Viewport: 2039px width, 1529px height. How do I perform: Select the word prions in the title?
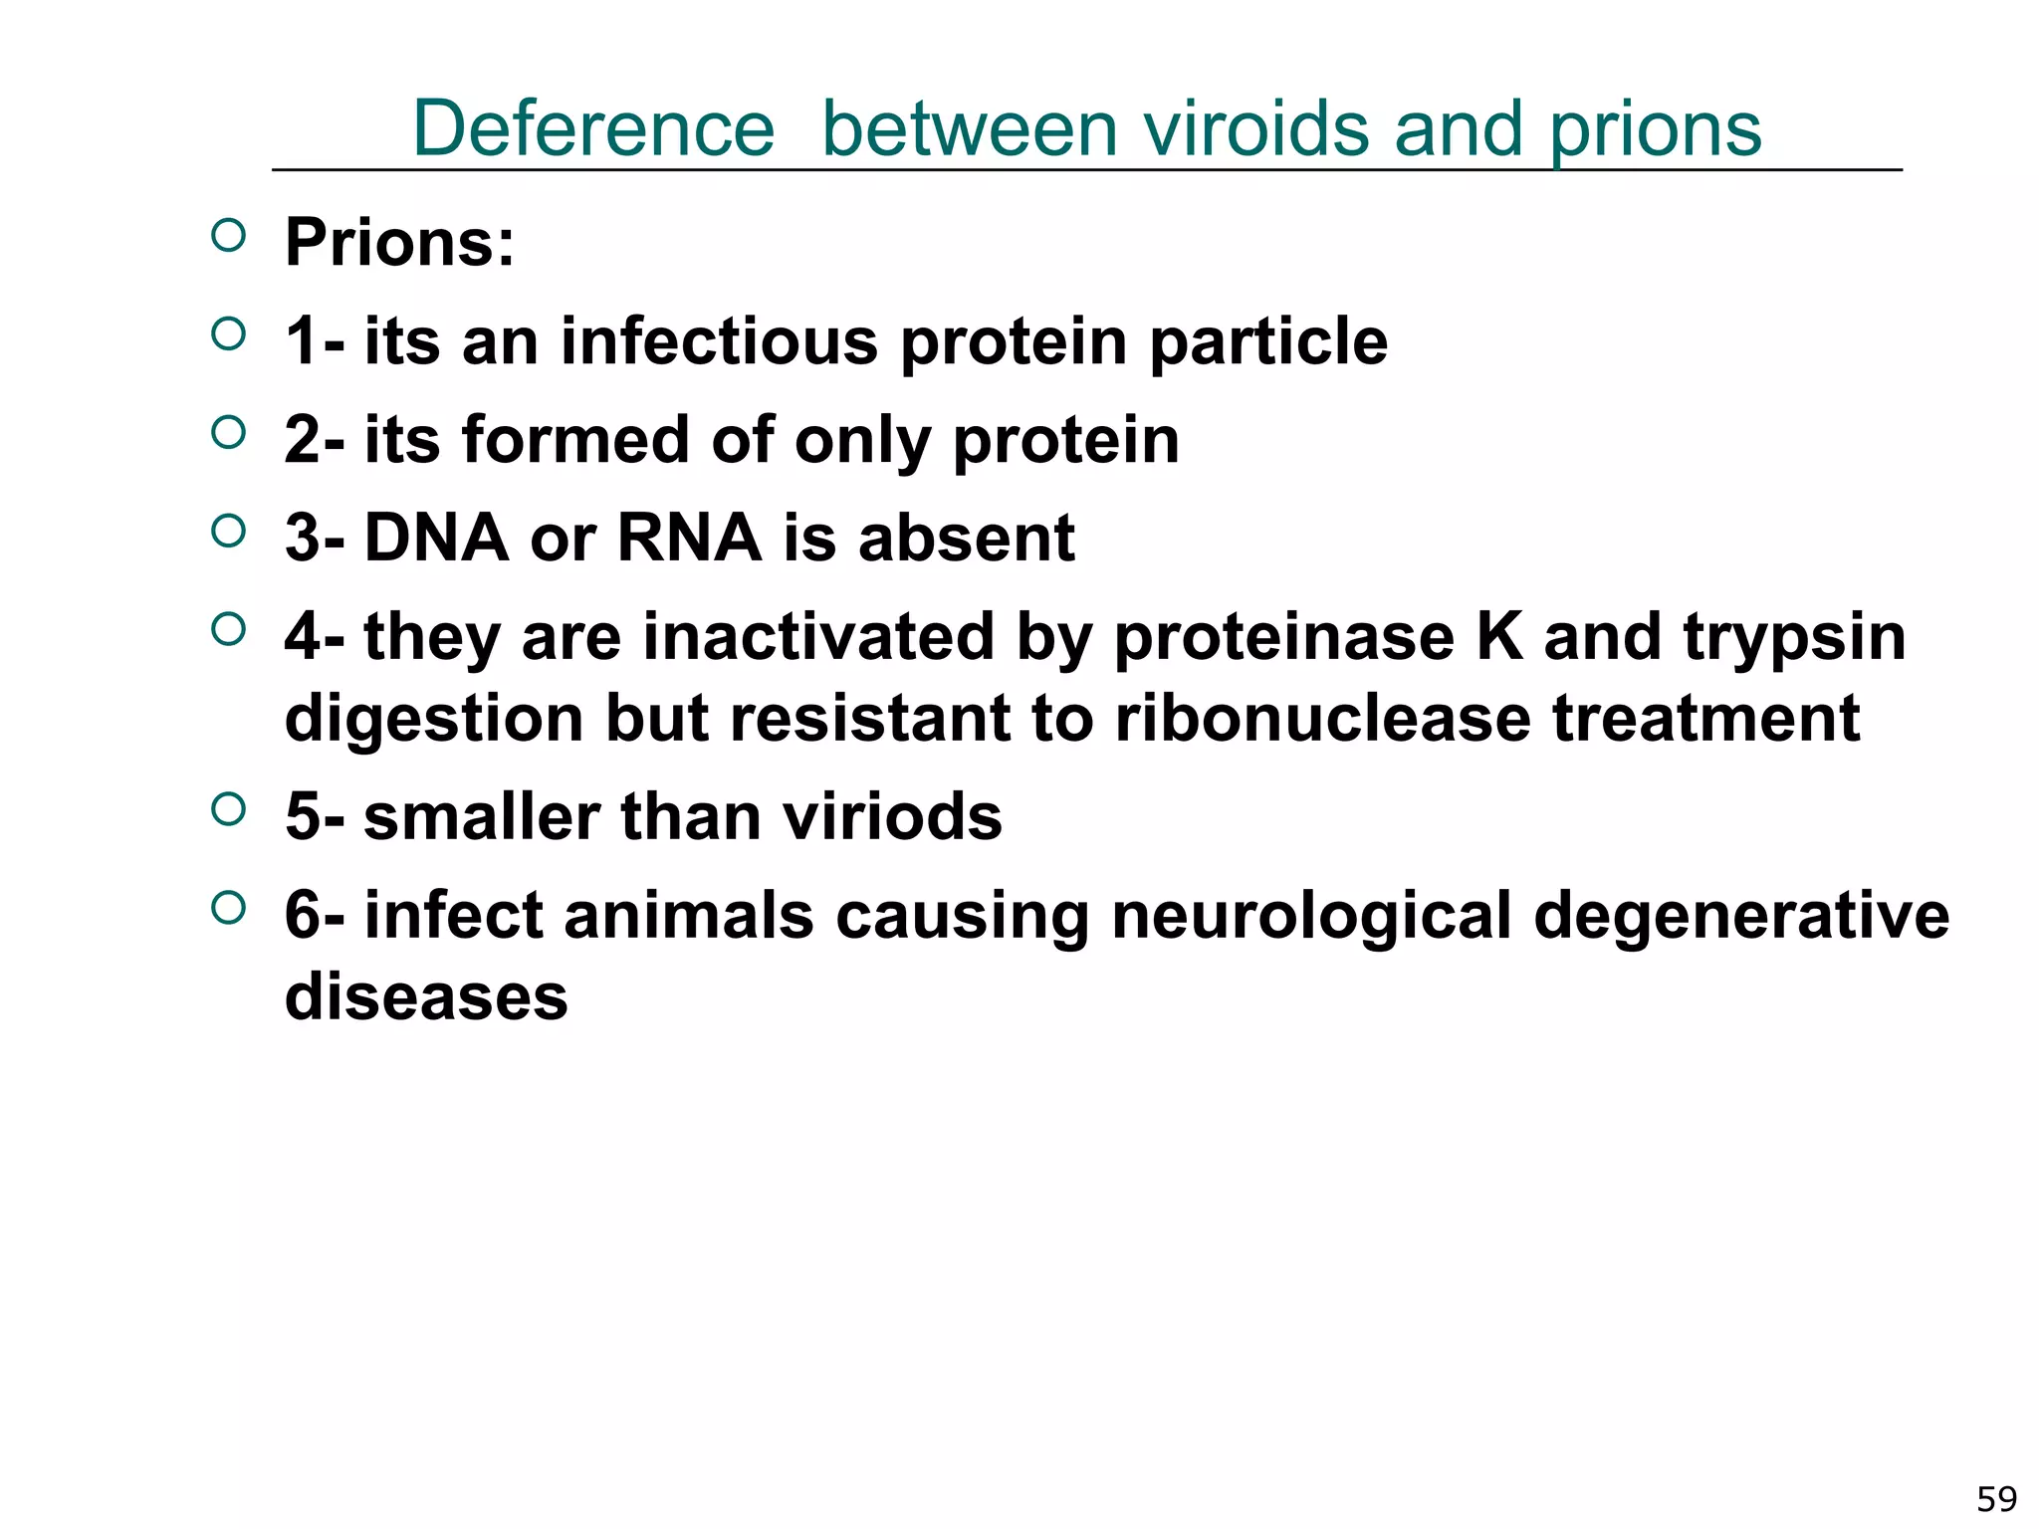(x=1655, y=130)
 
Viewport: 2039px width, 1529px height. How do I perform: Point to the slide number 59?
(x=1996, y=1499)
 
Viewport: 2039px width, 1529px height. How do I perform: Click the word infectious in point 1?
(x=720, y=340)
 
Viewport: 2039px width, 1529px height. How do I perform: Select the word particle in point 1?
(x=1267, y=342)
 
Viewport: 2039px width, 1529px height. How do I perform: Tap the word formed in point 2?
(x=575, y=439)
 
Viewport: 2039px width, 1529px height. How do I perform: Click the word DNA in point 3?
(x=436, y=538)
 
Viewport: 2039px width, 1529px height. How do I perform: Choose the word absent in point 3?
(x=966, y=538)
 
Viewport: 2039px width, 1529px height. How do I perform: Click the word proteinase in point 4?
(x=1283, y=636)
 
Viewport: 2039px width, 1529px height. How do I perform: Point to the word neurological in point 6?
(x=1311, y=916)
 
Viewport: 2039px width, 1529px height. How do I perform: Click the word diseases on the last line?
(x=426, y=996)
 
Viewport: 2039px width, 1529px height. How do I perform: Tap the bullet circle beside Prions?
(x=228, y=236)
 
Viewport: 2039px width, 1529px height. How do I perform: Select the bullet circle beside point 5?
(x=228, y=809)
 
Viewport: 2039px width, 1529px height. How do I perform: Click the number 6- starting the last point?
(x=315, y=915)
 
